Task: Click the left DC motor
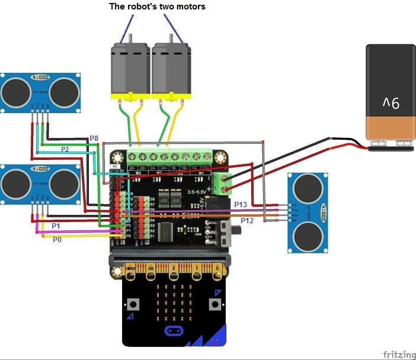click(130, 69)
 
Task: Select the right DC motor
click(171, 69)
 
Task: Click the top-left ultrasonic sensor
click(40, 92)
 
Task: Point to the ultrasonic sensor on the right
click(308, 213)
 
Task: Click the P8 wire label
click(94, 139)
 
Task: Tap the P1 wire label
click(56, 226)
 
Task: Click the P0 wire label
click(57, 240)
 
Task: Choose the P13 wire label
click(240, 204)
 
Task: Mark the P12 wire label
click(247, 220)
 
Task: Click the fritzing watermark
click(398, 354)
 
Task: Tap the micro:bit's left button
click(134, 304)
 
